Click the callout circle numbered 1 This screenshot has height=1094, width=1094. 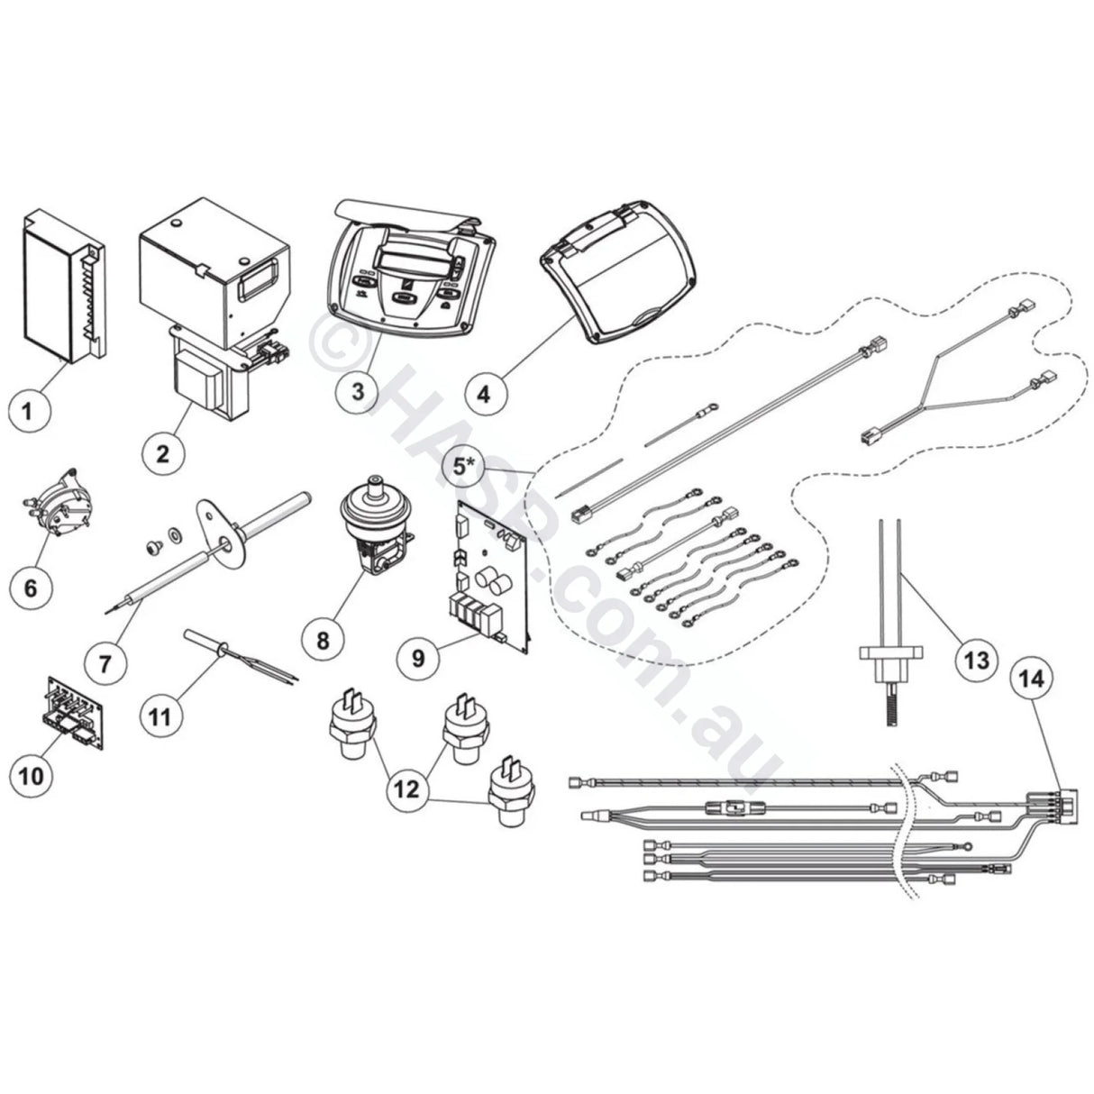tap(30, 412)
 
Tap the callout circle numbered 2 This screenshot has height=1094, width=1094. tap(163, 452)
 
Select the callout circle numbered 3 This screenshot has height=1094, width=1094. tap(358, 392)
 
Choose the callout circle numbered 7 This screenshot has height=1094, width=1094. tap(105, 662)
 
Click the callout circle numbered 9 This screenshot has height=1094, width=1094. tap(419, 657)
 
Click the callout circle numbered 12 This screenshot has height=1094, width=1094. tap(406, 789)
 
